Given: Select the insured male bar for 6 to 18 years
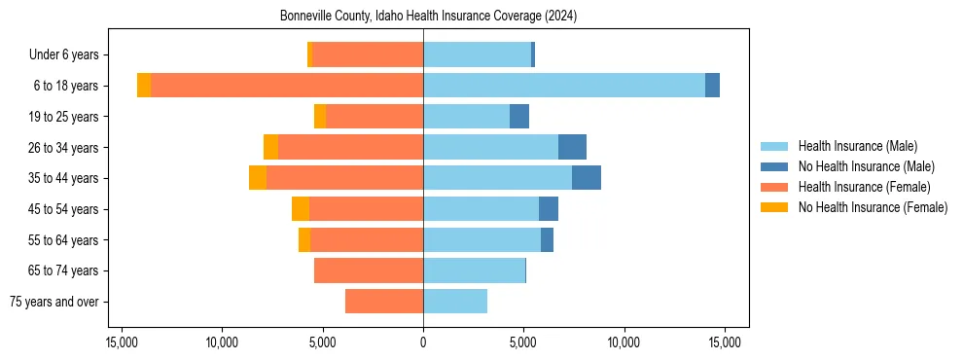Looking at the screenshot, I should (564, 86).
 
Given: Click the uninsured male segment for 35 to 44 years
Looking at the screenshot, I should (587, 178).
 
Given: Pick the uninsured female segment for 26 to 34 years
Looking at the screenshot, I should (270, 147).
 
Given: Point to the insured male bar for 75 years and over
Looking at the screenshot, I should (455, 302).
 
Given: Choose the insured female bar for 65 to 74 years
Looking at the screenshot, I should (369, 270).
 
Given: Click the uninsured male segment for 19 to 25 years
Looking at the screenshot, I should (519, 117).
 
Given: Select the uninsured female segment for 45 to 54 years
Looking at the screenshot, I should (301, 209).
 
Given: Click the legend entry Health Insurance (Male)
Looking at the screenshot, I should (857, 146).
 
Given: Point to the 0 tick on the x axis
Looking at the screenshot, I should (423, 342).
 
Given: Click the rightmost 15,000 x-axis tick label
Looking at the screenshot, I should (725, 342).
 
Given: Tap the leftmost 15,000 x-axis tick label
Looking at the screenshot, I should (122, 342).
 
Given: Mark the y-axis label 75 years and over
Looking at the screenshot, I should (56, 302).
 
